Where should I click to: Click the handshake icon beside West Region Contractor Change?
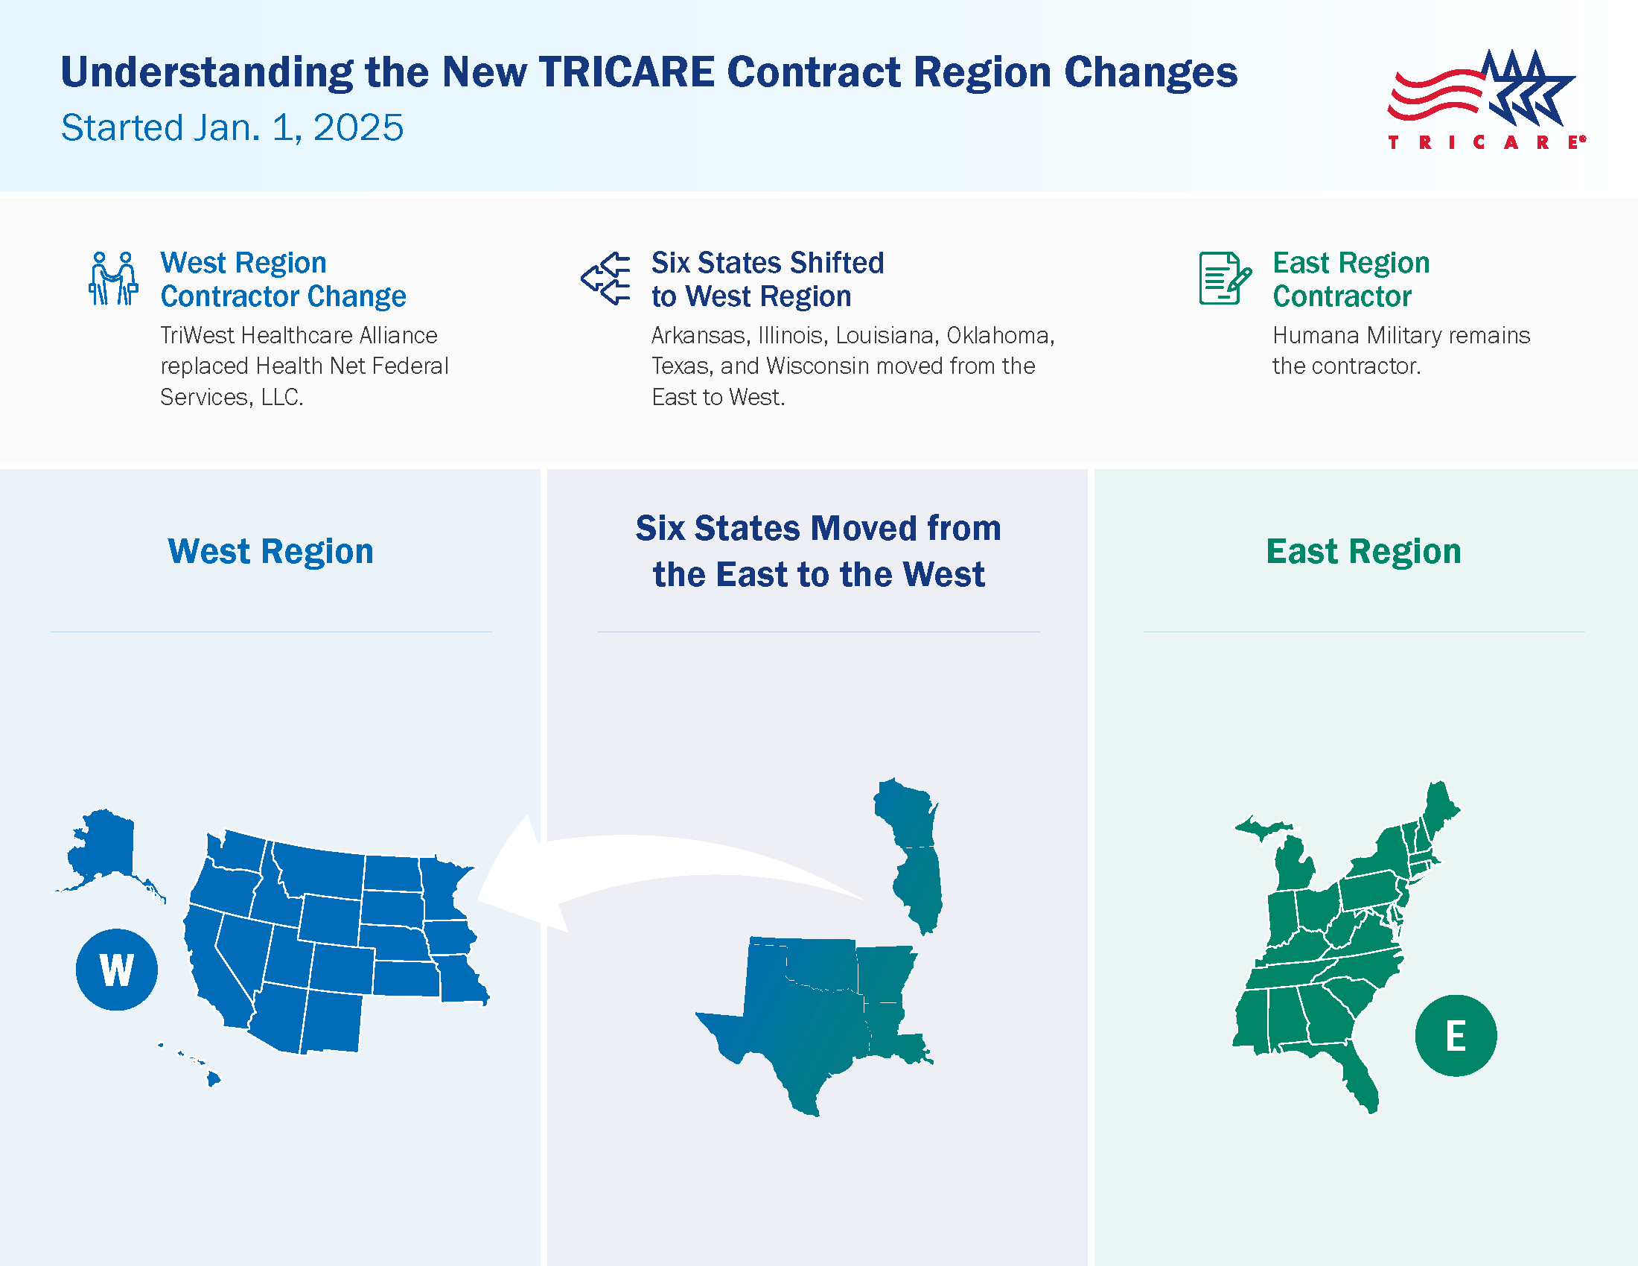(112, 279)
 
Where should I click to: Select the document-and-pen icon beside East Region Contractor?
(1224, 279)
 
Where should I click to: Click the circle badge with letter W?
(116, 970)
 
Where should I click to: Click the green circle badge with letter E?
(1455, 1036)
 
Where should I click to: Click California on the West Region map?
(214, 967)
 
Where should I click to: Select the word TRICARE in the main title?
(626, 72)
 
